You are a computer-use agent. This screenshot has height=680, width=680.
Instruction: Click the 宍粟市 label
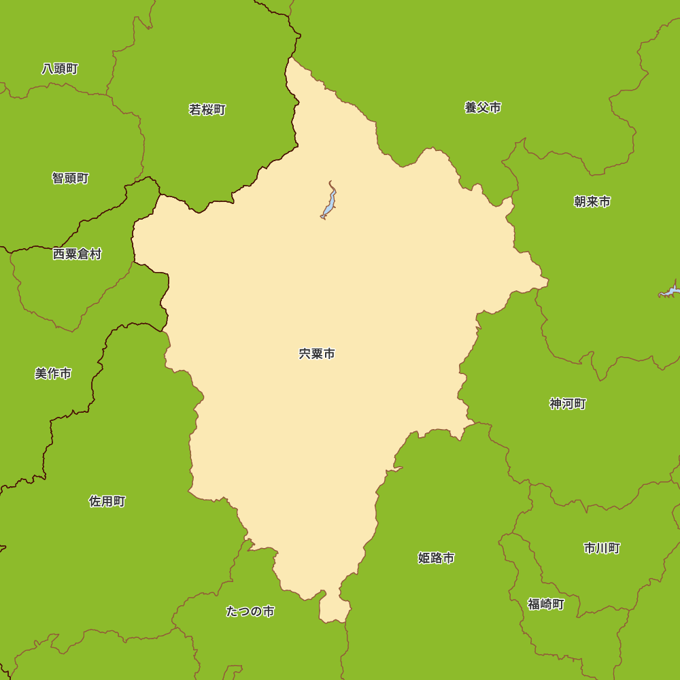(x=317, y=354)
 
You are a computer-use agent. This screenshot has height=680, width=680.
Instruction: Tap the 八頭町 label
(x=60, y=69)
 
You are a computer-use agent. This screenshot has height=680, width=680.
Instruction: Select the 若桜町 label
(x=207, y=109)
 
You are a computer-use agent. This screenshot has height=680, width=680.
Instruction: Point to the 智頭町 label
(x=70, y=178)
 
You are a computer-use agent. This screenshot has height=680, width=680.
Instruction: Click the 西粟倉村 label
(x=77, y=254)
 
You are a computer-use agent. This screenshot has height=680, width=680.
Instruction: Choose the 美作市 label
(x=53, y=373)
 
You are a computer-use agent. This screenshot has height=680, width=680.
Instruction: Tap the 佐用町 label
(x=107, y=501)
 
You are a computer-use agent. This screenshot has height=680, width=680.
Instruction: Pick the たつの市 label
(x=250, y=611)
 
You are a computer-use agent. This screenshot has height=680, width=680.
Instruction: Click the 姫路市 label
(x=436, y=558)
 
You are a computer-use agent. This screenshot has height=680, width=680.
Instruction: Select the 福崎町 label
(x=546, y=604)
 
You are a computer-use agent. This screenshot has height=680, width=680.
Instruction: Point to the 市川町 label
(x=602, y=548)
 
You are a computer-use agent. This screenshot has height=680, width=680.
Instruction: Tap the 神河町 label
(x=568, y=404)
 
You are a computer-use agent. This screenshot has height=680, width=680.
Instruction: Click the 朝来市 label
(x=592, y=201)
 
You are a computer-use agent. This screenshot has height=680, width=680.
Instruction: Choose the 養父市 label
(x=483, y=107)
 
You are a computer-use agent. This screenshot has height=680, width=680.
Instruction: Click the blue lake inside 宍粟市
(x=329, y=203)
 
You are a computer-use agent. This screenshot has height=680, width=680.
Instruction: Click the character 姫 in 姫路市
(x=424, y=558)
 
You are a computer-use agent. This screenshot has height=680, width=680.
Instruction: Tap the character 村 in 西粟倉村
(x=95, y=254)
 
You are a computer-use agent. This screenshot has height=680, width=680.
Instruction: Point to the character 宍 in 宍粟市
(x=305, y=354)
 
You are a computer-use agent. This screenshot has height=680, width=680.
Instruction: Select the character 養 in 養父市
(x=471, y=107)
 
